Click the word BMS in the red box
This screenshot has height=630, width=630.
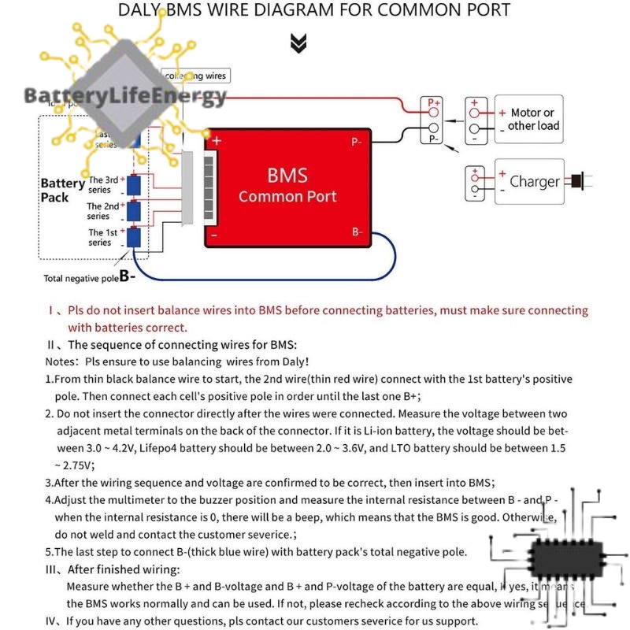[287, 175]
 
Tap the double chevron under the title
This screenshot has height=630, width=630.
[298, 44]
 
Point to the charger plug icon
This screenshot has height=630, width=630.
[581, 182]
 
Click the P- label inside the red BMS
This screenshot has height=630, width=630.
[357, 143]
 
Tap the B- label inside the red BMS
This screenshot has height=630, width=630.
[357, 232]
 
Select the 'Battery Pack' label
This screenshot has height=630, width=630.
[62, 190]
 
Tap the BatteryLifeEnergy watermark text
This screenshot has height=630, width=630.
[125, 97]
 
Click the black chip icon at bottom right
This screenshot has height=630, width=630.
[562, 558]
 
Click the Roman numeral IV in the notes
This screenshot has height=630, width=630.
[52, 621]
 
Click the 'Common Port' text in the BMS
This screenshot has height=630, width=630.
[287, 197]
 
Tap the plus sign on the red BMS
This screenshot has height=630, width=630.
[217, 141]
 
